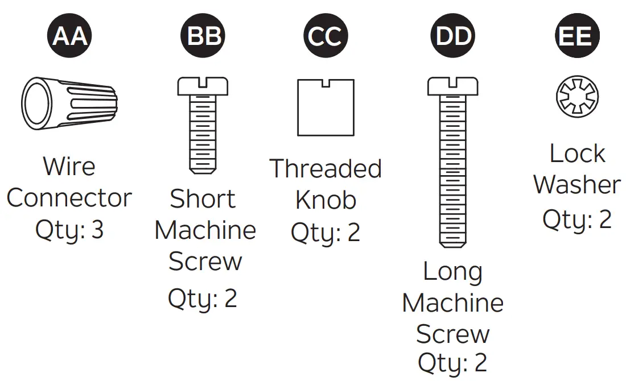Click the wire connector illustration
point(69,103)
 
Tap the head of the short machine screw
point(203,86)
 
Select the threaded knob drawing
point(326,107)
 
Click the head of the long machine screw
point(454,86)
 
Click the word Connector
point(69,198)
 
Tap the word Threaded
point(325,169)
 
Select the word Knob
point(326,200)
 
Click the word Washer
point(576,185)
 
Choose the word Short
point(203,199)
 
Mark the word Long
point(452,272)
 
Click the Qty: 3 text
point(69,230)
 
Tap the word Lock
point(576,154)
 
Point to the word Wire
point(69,167)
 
